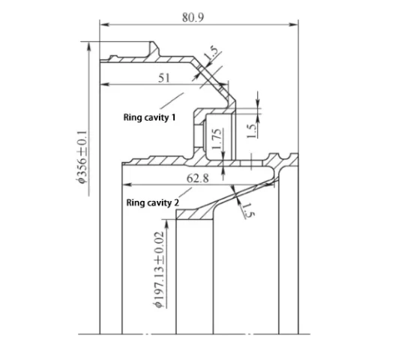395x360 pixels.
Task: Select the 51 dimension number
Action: pyautogui.click(x=163, y=76)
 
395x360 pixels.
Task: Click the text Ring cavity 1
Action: pyautogui.click(x=150, y=118)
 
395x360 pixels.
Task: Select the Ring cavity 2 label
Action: pyautogui.click(x=153, y=202)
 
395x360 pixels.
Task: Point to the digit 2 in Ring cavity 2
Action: pyautogui.click(x=177, y=202)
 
